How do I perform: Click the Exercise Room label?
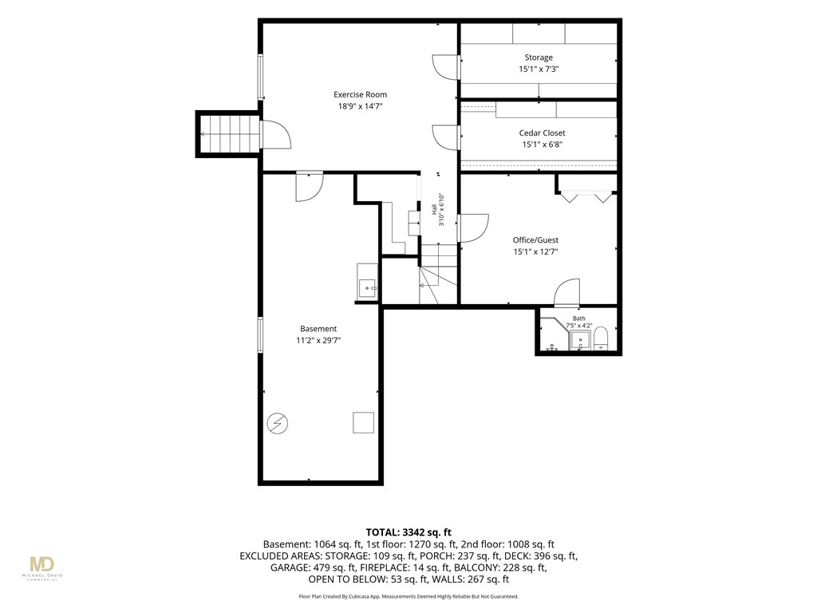(x=360, y=94)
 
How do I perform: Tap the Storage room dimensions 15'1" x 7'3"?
(x=539, y=69)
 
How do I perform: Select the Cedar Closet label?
(x=542, y=133)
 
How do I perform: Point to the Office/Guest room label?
(x=535, y=239)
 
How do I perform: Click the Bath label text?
(x=579, y=318)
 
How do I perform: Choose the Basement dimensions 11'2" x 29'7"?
(x=318, y=340)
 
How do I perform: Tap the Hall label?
(x=434, y=209)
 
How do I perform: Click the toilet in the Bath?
(x=601, y=338)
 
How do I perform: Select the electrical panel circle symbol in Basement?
(x=277, y=423)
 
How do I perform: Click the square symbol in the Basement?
(x=363, y=422)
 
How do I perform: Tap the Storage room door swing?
(x=445, y=67)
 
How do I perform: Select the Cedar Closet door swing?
(x=445, y=137)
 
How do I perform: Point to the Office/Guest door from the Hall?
(x=473, y=228)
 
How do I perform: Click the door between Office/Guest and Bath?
(x=567, y=292)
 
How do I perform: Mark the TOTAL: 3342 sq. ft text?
(x=408, y=532)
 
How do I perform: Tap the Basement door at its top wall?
(x=310, y=187)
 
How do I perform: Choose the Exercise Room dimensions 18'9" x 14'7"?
(x=360, y=106)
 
